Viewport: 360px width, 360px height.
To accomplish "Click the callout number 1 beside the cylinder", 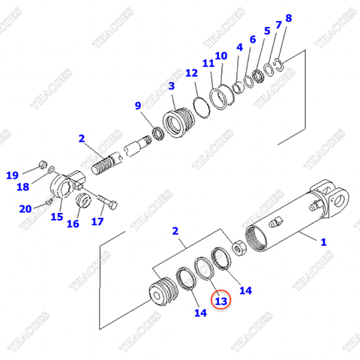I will pyautogui.click(x=323, y=241).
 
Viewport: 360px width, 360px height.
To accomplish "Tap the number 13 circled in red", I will pyautogui.click(x=220, y=301).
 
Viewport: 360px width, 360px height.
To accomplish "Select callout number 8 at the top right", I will pyautogui.click(x=289, y=18).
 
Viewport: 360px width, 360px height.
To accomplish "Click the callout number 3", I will pyautogui.click(x=172, y=86).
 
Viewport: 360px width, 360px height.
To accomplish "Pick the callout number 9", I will pyautogui.click(x=137, y=105).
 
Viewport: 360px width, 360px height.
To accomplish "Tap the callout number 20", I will pyautogui.click(x=25, y=208).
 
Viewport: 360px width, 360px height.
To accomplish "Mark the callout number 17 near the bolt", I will pyautogui.click(x=97, y=221).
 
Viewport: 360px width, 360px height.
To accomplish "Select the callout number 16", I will pyautogui.click(x=73, y=223).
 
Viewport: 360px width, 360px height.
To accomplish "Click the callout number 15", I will pyautogui.click(x=56, y=217).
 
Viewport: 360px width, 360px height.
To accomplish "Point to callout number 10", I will pyautogui.click(x=220, y=55).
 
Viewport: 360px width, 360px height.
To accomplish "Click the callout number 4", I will pyautogui.click(x=239, y=47).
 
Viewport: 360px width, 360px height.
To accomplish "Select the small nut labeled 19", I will pyautogui.click(x=43, y=166).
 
